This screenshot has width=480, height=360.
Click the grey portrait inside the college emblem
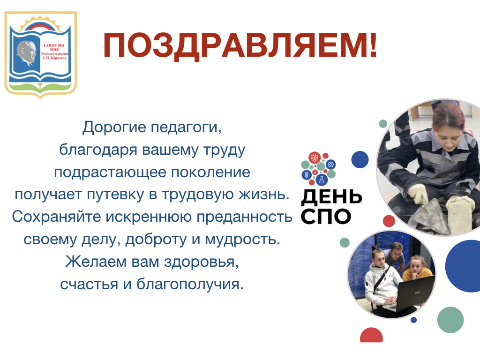pos(27,53)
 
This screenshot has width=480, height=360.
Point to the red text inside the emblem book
pos(54,52)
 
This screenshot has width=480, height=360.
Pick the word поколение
pos(210,172)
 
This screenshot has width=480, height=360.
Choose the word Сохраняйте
pos(57,217)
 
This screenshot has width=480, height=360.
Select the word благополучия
pos(190,285)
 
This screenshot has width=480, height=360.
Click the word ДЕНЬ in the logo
pos(331,197)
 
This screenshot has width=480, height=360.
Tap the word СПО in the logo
pos(326,217)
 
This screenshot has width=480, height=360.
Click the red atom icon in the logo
pos(315,157)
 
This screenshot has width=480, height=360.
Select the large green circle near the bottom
pos(450,320)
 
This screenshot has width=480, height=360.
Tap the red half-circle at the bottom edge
pos(371,336)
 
